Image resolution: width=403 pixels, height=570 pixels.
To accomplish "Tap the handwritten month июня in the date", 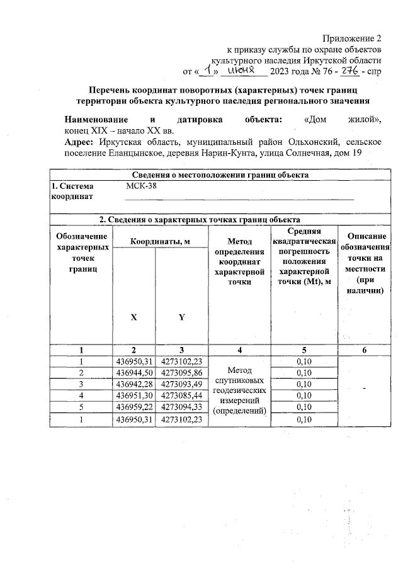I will click(x=241, y=70).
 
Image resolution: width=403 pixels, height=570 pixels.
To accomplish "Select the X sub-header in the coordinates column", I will click(x=133, y=317).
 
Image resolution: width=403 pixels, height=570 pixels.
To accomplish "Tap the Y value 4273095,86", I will click(x=181, y=373).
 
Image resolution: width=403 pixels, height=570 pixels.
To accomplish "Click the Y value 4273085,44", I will click(x=181, y=396).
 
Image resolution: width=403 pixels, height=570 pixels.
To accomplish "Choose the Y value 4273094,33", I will click(x=181, y=407).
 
